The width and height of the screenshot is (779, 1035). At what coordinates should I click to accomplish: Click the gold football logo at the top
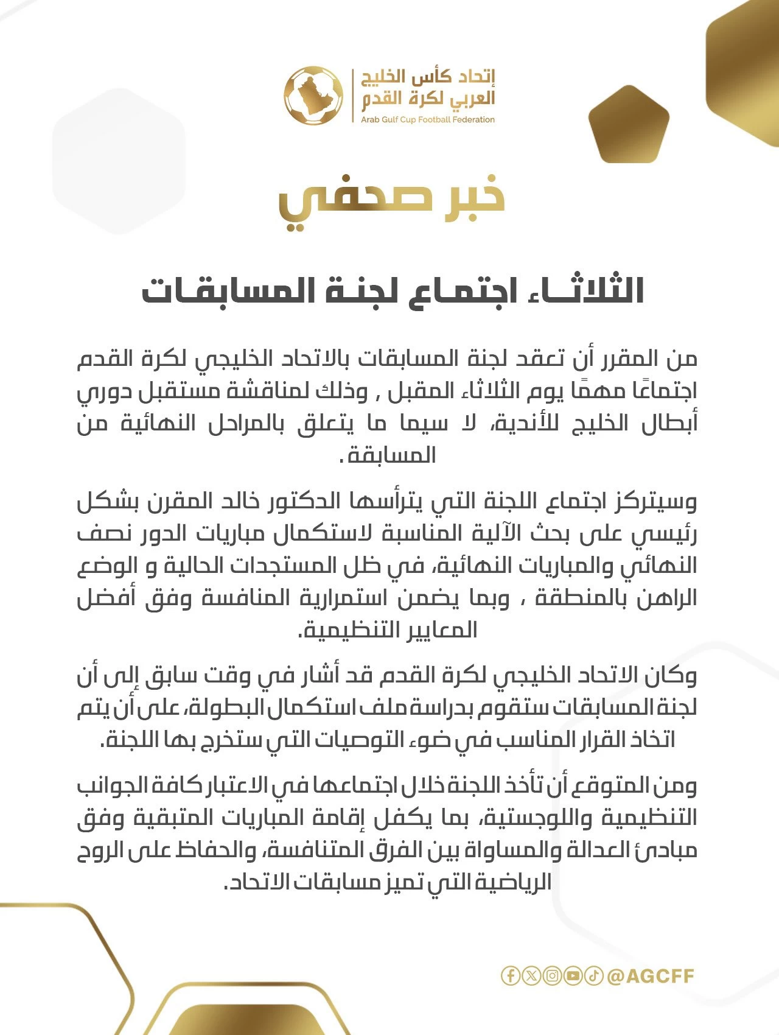click(313, 96)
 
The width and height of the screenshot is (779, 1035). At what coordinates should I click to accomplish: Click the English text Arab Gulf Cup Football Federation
click(427, 120)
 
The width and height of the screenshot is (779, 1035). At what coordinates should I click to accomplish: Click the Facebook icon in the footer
click(511, 976)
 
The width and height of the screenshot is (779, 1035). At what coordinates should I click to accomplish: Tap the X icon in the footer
click(531, 976)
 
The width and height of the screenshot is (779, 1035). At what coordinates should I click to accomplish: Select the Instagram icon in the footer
click(552, 976)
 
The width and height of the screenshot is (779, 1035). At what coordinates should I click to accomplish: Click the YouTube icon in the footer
click(573, 976)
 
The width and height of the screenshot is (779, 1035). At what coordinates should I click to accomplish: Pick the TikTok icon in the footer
click(593, 976)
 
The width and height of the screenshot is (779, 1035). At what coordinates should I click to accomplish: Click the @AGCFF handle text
click(651, 976)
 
